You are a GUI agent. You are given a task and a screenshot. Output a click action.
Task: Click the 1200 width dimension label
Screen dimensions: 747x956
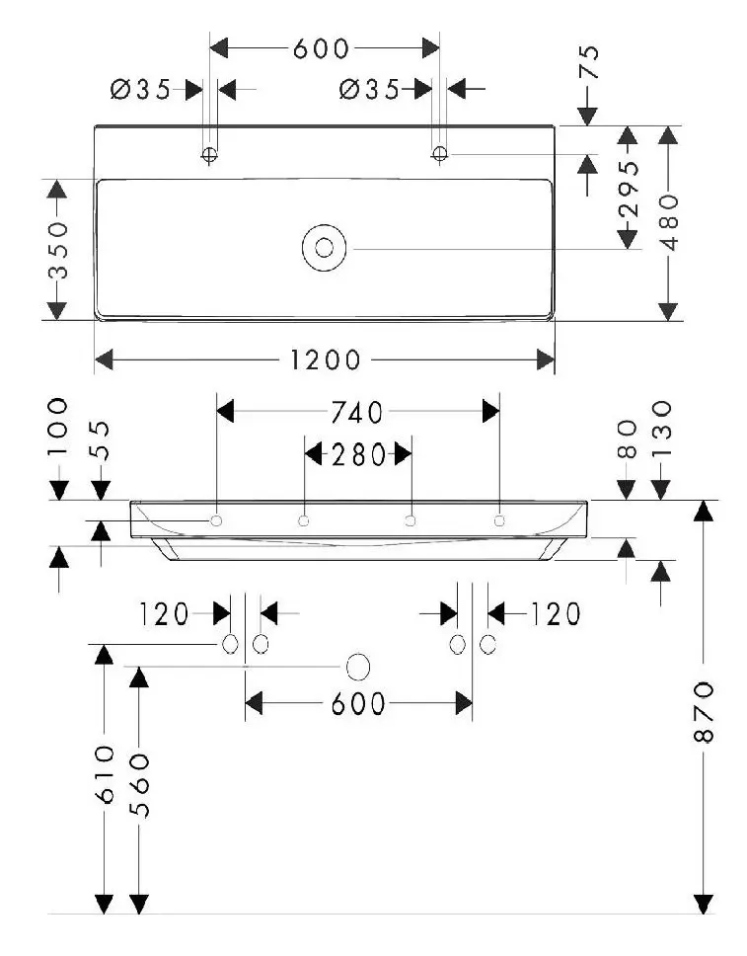(x=325, y=359)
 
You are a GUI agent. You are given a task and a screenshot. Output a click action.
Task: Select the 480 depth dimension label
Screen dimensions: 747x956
(x=669, y=222)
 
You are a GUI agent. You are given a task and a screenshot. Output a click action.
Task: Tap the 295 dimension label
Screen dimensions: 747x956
(x=629, y=189)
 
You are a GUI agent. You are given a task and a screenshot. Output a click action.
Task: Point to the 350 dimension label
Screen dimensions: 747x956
(x=58, y=250)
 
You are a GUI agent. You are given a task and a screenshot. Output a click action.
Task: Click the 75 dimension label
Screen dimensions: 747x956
(x=589, y=61)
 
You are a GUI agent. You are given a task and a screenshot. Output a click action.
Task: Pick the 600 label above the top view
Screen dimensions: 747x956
(x=321, y=48)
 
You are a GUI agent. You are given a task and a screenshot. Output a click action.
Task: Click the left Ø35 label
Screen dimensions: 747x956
(x=141, y=90)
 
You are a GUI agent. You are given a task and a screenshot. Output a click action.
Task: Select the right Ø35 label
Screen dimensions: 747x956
(x=369, y=90)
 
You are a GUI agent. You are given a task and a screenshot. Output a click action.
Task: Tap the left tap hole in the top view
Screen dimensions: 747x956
(x=209, y=155)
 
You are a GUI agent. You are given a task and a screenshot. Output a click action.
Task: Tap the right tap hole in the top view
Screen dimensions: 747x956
(x=439, y=154)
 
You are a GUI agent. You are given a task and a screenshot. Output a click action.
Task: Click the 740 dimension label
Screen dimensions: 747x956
(x=356, y=413)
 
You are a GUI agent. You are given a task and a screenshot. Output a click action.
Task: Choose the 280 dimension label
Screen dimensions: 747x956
(x=358, y=455)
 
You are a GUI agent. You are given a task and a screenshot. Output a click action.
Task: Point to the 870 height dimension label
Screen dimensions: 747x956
(x=704, y=711)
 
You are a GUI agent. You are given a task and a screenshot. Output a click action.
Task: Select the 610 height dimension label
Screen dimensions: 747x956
(x=105, y=773)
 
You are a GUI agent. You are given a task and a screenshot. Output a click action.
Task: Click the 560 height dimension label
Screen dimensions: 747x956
(x=139, y=785)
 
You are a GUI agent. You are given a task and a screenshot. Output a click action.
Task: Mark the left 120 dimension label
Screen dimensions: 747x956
(x=164, y=614)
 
